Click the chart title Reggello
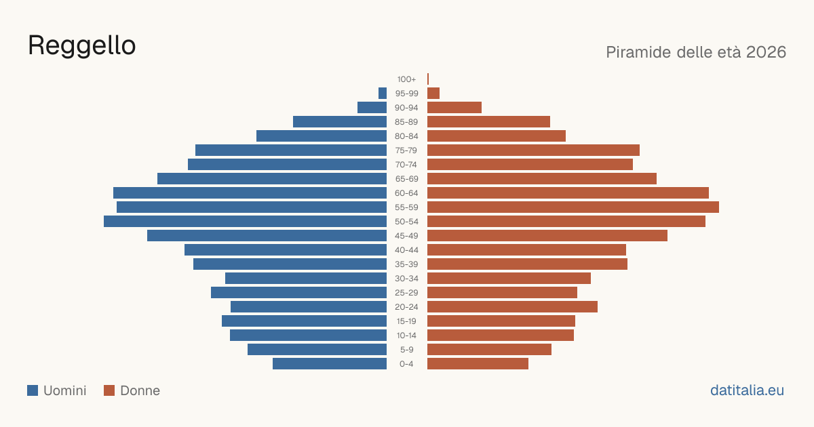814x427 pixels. [82, 46]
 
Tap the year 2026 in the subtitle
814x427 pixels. [766, 52]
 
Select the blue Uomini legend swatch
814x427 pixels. [33, 390]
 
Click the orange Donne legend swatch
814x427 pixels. [109, 390]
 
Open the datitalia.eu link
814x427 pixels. [747, 390]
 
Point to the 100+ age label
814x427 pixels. [406, 79]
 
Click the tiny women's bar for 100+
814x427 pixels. [428, 79]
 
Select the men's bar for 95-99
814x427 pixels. [383, 93]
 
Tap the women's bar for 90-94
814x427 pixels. [454, 108]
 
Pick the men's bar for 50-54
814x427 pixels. [246, 221]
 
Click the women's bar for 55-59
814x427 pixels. [573, 207]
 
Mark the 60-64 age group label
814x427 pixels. [406, 192]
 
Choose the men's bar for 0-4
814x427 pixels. [330, 363]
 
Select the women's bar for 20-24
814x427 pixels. [512, 306]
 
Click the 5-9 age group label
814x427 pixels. [406, 350]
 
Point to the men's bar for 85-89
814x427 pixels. [340, 121]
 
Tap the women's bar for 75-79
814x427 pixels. [533, 150]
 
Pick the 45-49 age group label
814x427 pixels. [406, 236]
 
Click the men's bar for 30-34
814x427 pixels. [306, 278]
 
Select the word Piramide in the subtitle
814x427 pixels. [638, 52]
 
